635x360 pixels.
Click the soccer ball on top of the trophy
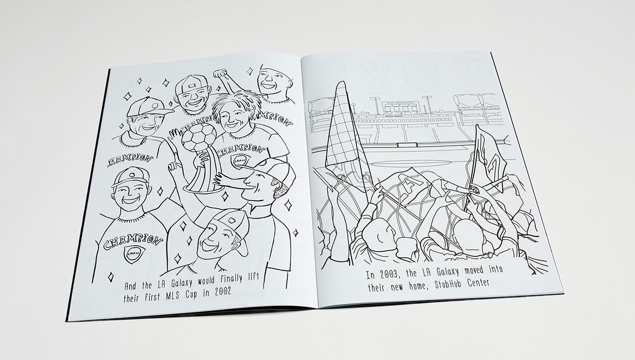pos(199,137)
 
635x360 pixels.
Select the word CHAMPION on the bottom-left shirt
pos(133,240)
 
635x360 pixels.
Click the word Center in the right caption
pos(479,281)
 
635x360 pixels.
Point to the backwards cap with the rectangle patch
pos(191,85)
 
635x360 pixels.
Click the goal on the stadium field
pos(407,145)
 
